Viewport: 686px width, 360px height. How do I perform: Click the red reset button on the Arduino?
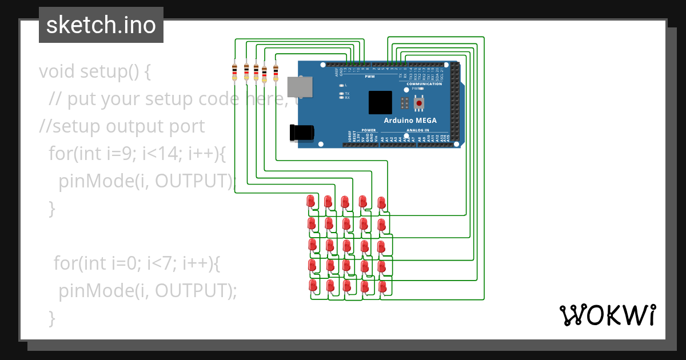(420, 103)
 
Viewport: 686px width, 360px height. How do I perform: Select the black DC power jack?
(302, 133)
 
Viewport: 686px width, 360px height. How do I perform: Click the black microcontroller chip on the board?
(380, 102)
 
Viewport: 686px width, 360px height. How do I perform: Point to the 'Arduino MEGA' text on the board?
(410, 121)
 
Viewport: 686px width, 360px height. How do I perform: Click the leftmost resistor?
(234, 72)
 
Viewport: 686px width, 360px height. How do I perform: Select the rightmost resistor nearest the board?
(276, 72)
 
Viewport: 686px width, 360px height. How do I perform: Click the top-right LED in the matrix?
(381, 202)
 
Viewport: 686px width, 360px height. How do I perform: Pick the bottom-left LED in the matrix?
(313, 285)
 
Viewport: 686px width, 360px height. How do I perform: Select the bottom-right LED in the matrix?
(382, 286)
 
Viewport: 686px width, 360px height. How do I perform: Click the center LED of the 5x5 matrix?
(346, 245)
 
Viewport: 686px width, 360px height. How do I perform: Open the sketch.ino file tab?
(101, 25)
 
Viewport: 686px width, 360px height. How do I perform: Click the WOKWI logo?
(607, 315)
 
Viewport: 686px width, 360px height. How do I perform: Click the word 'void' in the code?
(57, 72)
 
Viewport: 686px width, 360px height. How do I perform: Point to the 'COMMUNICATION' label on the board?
(424, 84)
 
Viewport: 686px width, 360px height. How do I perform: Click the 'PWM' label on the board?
(369, 76)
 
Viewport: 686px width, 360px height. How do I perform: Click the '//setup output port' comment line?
(122, 126)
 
